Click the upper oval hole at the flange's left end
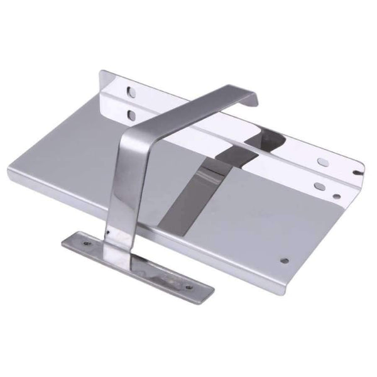(x=131, y=92)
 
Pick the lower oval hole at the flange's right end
(x=320, y=186)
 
